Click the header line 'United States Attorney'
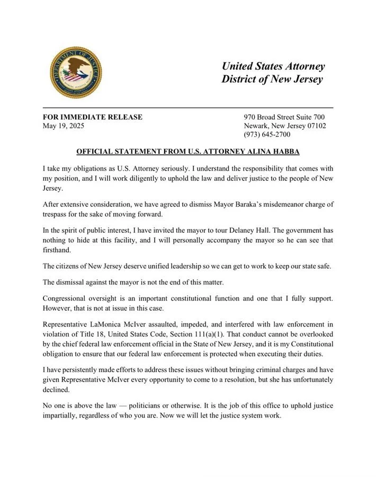(x=273, y=66)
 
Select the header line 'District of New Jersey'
(x=272, y=79)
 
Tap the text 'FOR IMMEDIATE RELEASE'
(x=92, y=117)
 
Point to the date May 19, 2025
(x=63, y=126)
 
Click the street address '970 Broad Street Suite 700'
(x=284, y=117)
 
